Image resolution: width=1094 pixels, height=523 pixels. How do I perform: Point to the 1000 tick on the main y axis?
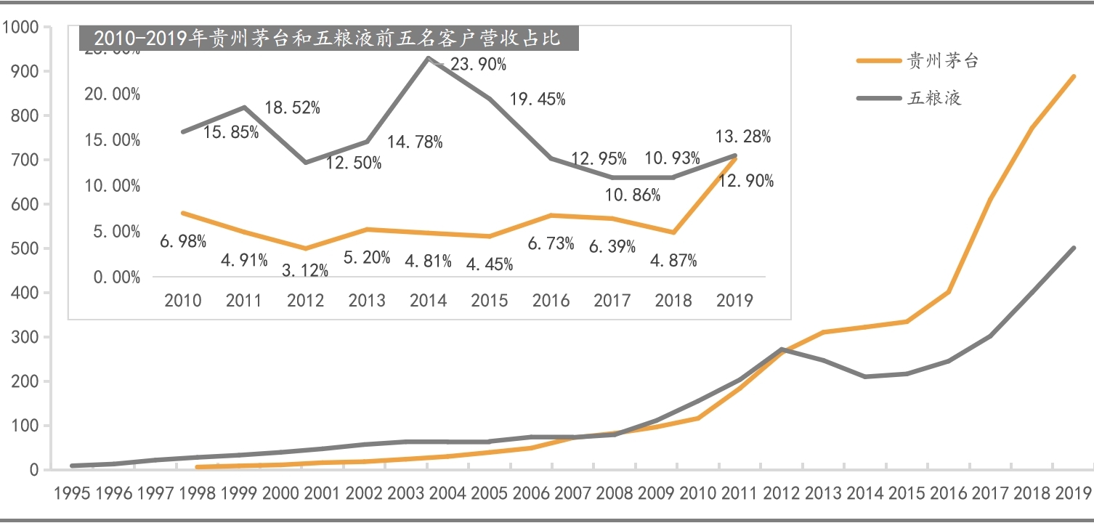(21, 28)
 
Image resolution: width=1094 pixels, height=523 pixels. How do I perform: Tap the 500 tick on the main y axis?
(25, 248)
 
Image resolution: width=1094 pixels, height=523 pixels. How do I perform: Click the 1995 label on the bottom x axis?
(72, 494)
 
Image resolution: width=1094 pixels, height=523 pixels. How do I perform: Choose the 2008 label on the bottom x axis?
(616, 494)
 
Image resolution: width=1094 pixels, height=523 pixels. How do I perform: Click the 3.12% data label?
(304, 271)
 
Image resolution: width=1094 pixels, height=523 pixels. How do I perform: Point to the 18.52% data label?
(292, 108)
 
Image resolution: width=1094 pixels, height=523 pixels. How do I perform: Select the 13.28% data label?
(743, 137)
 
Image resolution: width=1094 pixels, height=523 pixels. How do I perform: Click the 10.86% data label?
(633, 195)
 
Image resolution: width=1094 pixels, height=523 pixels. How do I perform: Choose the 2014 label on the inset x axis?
(428, 300)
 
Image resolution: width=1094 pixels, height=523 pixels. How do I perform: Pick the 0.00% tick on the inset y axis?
(117, 277)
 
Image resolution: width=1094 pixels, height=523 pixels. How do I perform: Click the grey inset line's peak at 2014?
(429, 57)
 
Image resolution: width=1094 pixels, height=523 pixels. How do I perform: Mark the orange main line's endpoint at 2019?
(1074, 76)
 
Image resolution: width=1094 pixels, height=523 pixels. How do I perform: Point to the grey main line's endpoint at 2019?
(1074, 248)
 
